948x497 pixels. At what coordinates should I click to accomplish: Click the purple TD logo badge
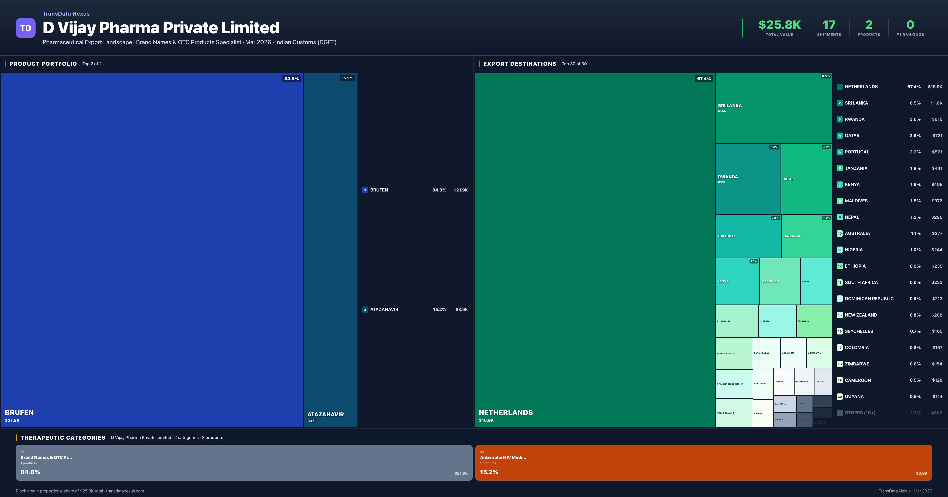(25, 28)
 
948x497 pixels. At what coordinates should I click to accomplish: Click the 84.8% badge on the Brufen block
(291, 78)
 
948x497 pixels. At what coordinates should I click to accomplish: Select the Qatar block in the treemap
(806, 179)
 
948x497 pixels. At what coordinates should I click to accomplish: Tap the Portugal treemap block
(748, 236)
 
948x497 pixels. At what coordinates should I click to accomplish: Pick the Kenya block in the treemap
(737, 281)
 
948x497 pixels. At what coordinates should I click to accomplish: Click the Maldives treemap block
(780, 281)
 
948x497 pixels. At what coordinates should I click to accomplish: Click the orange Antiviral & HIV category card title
(503, 457)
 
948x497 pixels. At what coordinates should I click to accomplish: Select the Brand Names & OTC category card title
(46, 457)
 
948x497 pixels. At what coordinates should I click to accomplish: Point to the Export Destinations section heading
(519, 64)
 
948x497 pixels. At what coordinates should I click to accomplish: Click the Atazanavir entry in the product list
(384, 309)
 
